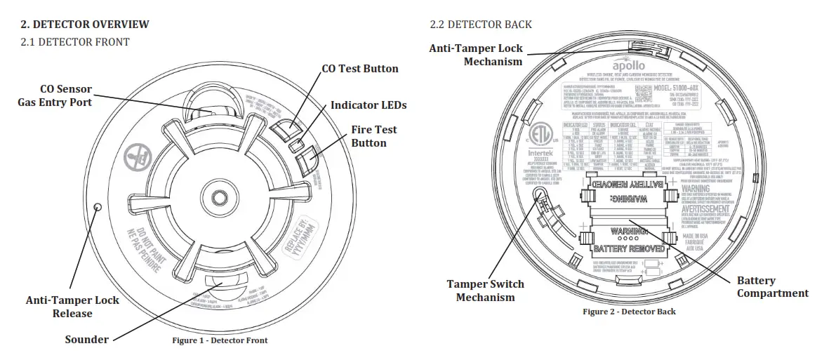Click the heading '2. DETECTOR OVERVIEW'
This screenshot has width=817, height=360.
(x=85, y=25)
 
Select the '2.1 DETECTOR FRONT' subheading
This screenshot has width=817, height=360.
(x=75, y=42)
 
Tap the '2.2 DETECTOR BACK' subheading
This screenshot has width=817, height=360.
(x=481, y=25)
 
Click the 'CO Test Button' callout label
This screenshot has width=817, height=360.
(x=359, y=69)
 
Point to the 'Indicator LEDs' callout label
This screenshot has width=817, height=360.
(x=368, y=105)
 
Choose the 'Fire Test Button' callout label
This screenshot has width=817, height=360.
(x=373, y=136)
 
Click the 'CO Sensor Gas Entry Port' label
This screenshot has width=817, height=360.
(x=55, y=96)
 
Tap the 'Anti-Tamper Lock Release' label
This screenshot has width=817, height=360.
(x=72, y=307)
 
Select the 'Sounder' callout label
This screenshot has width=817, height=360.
(x=87, y=340)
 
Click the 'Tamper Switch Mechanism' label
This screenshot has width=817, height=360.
(x=485, y=291)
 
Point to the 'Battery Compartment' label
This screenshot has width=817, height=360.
(x=772, y=287)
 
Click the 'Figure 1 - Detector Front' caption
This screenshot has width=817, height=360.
(x=220, y=340)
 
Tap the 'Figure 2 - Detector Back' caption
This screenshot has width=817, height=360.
(x=629, y=311)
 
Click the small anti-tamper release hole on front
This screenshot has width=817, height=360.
(x=98, y=207)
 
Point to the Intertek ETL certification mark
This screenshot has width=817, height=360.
(x=538, y=147)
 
